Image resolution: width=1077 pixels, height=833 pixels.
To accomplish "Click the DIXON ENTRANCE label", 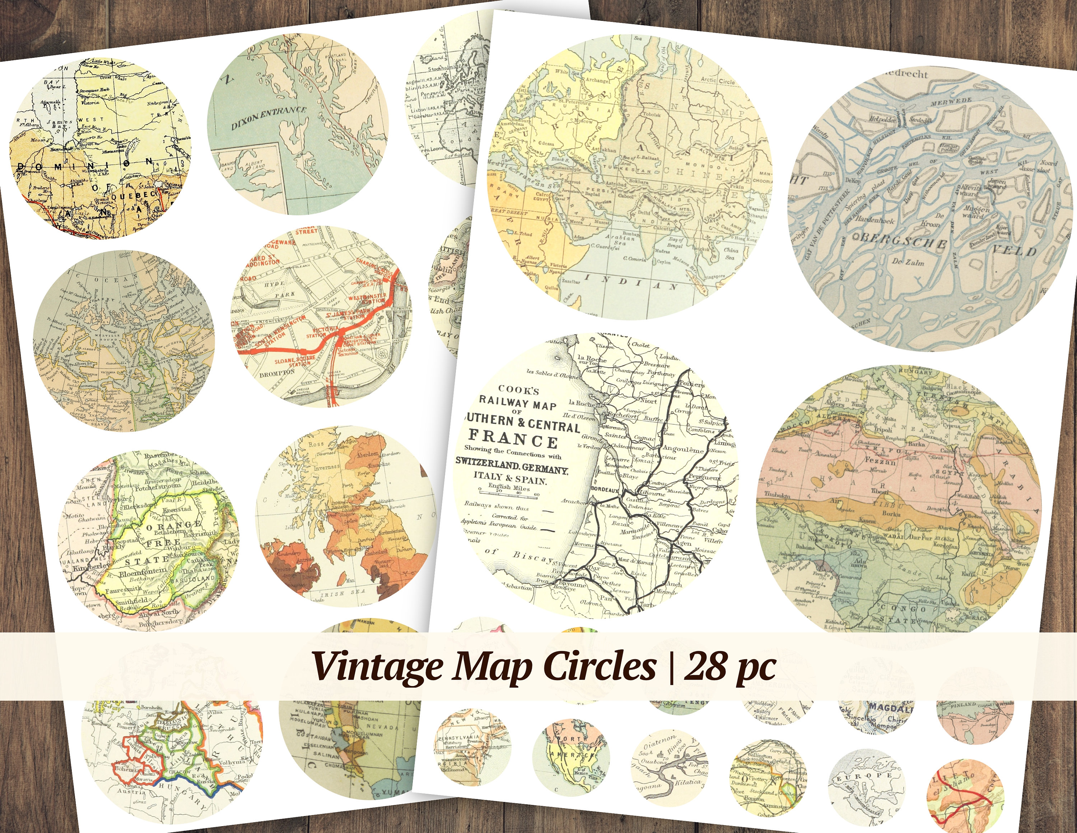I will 269,119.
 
